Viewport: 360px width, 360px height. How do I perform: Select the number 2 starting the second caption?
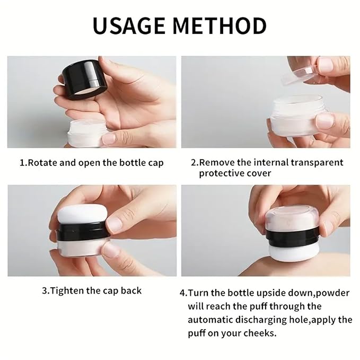193,163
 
